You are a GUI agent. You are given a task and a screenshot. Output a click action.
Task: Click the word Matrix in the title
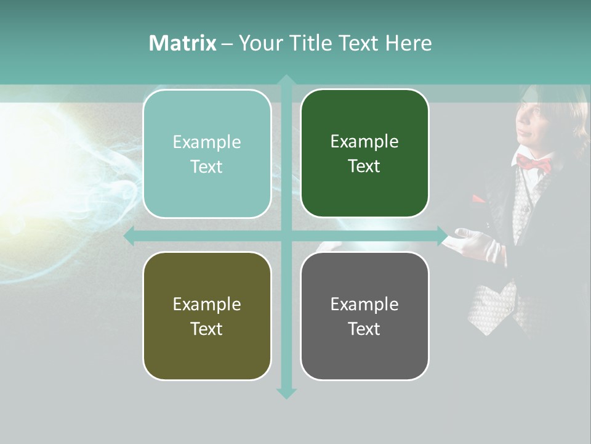(x=182, y=43)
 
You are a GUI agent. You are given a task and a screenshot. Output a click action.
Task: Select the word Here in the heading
(x=408, y=43)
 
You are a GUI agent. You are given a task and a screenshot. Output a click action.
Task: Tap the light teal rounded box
(x=207, y=154)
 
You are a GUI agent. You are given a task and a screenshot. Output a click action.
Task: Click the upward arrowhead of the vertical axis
(x=286, y=80)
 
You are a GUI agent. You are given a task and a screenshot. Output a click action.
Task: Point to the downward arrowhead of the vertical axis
(x=286, y=393)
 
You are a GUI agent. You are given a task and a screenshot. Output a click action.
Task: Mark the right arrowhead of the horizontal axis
(x=442, y=236)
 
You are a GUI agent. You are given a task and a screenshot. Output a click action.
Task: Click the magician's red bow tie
(x=533, y=163)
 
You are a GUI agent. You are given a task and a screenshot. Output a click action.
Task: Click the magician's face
(x=531, y=120)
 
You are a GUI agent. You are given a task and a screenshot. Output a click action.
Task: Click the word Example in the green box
(x=364, y=142)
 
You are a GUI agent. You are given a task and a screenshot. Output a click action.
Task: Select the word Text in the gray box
(x=364, y=329)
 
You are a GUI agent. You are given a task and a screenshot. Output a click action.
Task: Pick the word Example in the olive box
(x=207, y=304)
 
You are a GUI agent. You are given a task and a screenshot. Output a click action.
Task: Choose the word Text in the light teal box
(x=207, y=166)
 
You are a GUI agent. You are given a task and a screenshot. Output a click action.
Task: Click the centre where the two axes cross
(x=286, y=236)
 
